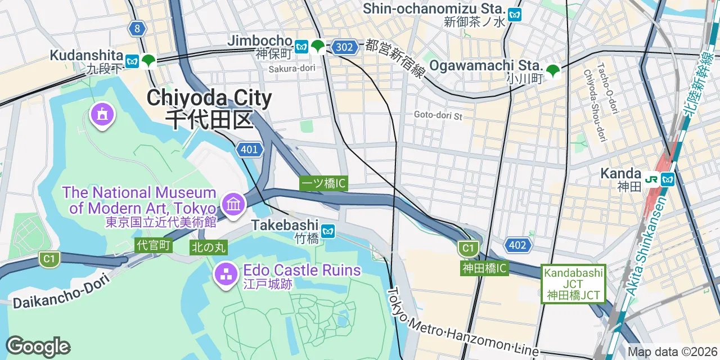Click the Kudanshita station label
[86, 56]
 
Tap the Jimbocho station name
[260, 41]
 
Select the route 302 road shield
[344, 47]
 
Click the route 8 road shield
[137, 28]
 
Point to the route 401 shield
[249, 150]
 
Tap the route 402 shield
[517, 245]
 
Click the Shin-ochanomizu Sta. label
[433, 9]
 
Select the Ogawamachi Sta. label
[485, 66]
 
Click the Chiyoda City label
[209, 99]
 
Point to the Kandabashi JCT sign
[573, 284]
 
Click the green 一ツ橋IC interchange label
[323, 183]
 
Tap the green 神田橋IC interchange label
[484, 268]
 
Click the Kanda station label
[620, 174]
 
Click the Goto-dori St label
[438, 115]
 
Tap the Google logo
[38, 347]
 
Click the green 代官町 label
[153, 245]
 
